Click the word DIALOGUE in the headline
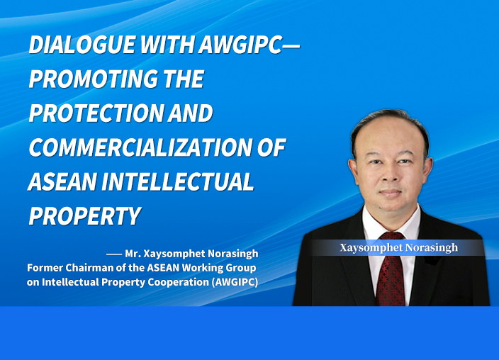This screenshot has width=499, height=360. pyautogui.click(x=82, y=45)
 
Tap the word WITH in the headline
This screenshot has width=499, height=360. pyautogui.click(x=167, y=45)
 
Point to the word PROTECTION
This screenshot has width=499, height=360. pyautogui.click(x=96, y=113)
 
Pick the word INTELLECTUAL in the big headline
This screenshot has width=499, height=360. pyautogui.click(x=178, y=181)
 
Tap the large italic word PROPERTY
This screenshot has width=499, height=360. pyautogui.click(x=84, y=216)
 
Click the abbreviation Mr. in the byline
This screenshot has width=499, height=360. pyautogui.click(x=133, y=254)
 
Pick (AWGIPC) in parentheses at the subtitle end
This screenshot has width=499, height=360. pyautogui.click(x=235, y=282)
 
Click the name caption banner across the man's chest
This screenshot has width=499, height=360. pyautogui.click(x=397, y=247)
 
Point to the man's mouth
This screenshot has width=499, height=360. pyautogui.click(x=391, y=193)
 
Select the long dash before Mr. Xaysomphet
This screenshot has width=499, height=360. pyautogui.click(x=114, y=254)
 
